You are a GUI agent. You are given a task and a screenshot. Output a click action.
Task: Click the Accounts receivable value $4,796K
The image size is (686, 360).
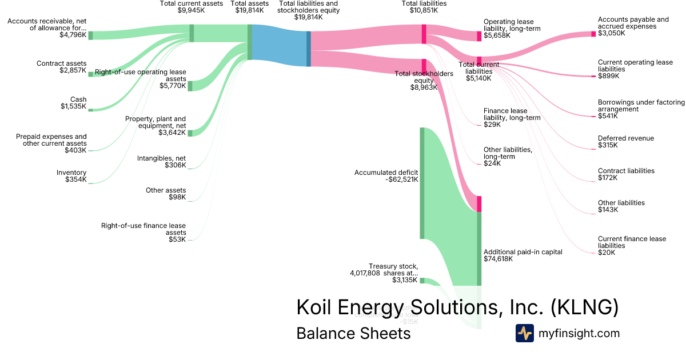pos(73,35)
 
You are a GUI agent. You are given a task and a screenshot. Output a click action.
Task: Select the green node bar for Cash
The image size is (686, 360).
pos(90,110)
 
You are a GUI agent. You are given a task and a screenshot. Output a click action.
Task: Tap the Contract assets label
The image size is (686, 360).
pos(61,63)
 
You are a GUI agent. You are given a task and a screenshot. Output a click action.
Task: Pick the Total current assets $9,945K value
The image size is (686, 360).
pos(191,10)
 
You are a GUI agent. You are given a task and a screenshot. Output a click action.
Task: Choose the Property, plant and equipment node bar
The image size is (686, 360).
pos(190,133)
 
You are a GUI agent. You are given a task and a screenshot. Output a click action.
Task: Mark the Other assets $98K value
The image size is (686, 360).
pos(176,197)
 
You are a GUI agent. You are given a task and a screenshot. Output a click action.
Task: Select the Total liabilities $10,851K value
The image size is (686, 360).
pos(424,10)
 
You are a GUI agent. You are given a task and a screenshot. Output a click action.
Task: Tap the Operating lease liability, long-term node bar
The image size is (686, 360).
pos(480,36)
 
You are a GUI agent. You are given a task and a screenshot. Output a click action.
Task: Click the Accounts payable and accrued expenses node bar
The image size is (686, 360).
pos(593,34)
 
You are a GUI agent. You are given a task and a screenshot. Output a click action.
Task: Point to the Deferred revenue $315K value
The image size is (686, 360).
pos(608,145)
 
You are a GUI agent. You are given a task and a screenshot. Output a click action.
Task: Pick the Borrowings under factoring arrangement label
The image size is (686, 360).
pos(641,106)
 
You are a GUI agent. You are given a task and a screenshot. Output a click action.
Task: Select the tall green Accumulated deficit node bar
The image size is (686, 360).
pos(422,183)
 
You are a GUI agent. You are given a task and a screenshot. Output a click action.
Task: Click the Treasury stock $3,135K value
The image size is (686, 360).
pos(405,280)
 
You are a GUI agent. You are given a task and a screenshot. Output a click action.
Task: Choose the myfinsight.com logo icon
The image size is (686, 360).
pos(524,333)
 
